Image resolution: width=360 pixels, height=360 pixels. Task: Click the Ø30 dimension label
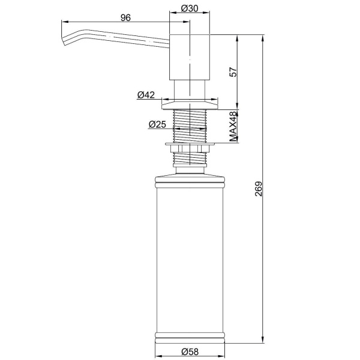190,8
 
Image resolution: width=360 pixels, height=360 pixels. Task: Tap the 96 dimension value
125,17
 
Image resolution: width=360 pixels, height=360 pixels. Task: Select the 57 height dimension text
233,72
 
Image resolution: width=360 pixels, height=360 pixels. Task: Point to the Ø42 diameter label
146,95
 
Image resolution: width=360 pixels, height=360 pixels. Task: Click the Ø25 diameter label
157,124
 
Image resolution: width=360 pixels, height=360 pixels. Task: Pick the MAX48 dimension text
233,126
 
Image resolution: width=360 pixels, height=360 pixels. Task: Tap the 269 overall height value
258,189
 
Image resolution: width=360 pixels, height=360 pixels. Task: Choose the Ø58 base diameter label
190,352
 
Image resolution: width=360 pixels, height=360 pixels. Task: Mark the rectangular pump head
190,58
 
